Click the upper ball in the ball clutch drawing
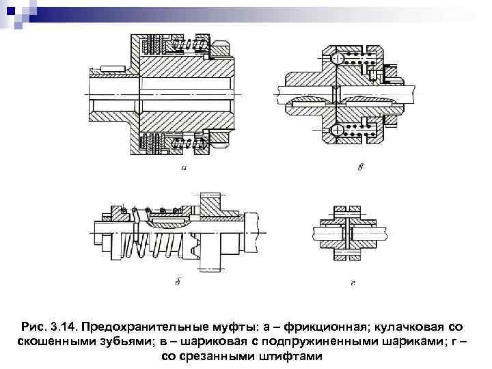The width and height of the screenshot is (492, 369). tap(337, 59)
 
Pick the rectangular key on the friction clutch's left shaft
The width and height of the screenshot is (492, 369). tap(109, 68)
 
